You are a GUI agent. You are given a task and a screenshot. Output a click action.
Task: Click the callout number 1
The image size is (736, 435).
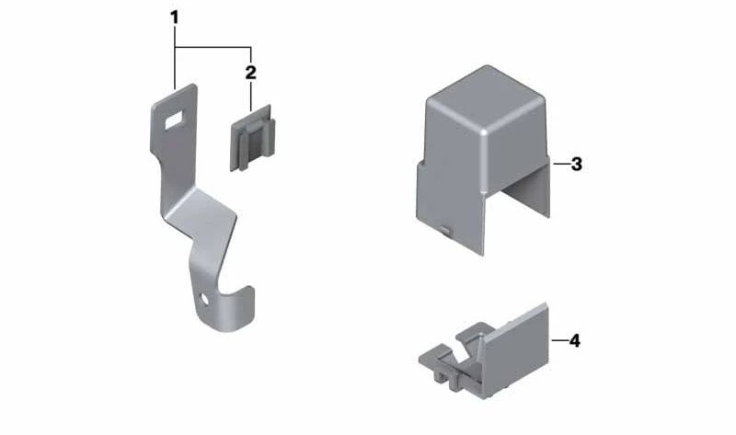174,18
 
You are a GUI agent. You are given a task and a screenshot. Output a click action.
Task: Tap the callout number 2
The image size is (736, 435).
250,73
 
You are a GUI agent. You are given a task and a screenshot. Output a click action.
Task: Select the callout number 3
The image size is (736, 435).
577,165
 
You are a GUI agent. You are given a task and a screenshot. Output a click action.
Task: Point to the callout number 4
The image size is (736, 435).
574,340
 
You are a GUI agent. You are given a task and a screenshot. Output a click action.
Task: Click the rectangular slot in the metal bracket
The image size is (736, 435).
174,120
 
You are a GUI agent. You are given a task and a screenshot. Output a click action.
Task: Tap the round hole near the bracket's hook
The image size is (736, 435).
204,299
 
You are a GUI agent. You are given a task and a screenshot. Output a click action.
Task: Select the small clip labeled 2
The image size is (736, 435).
252,139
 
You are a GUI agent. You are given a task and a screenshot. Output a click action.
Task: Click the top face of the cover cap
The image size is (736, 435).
486,98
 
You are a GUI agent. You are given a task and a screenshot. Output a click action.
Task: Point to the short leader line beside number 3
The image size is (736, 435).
561,164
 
